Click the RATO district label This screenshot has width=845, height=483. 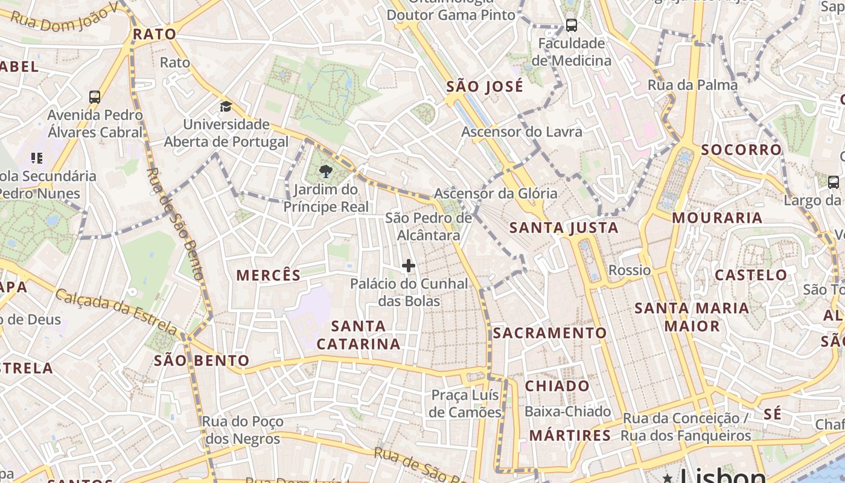point(155,34)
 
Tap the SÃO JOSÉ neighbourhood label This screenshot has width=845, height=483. point(485,86)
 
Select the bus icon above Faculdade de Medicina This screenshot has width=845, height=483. point(571,25)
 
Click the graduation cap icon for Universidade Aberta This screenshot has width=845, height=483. point(226,107)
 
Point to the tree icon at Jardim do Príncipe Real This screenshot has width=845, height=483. point(326,171)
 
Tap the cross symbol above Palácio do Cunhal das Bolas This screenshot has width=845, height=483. point(409,266)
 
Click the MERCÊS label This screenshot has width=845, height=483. point(268,275)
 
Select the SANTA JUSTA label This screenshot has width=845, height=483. point(564,228)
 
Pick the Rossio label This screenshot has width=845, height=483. point(630,270)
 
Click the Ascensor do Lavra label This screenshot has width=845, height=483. point(522,132)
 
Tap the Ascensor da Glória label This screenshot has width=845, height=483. point(496,194)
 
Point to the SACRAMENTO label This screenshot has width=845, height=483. point(550,333)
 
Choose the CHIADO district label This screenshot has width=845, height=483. point(557,386)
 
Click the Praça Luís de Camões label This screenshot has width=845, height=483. point(465,403)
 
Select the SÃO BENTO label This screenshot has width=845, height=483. point(202,360)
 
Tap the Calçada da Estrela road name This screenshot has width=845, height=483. point(115,312)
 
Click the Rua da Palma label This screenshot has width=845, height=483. point(692,85)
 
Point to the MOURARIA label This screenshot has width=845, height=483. point(717,218)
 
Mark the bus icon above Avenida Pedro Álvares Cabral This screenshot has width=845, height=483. point(94,97)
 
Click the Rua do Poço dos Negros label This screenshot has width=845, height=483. point(243,430)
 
